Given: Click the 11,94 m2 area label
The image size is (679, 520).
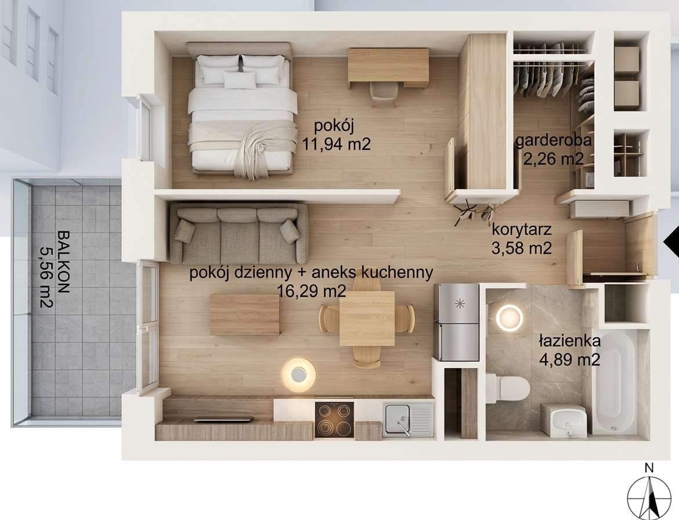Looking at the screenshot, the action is (337, 144).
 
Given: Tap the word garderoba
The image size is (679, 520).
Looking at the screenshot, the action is (554, 140).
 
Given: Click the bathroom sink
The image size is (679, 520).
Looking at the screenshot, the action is (563, 420).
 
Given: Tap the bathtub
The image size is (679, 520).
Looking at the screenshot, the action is (615, 382).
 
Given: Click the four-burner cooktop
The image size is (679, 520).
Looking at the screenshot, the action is (334, 420).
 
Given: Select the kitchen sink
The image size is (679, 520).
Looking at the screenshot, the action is (408, 417).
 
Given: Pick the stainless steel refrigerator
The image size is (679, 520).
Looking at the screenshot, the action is (456, 322).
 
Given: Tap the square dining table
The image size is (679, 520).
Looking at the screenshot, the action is (367, 318).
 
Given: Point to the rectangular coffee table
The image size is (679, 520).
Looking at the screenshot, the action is (245, 315).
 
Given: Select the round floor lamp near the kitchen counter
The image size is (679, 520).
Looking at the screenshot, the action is (298, 374).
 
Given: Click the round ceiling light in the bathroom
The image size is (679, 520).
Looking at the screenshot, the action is (509, 318).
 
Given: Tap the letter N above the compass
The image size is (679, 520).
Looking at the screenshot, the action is (649, 468).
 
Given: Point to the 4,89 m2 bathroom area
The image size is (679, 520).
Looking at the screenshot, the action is (569, 359).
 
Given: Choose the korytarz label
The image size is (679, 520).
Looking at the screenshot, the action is (521, 230).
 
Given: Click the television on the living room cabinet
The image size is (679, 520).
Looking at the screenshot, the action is (223, 418).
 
